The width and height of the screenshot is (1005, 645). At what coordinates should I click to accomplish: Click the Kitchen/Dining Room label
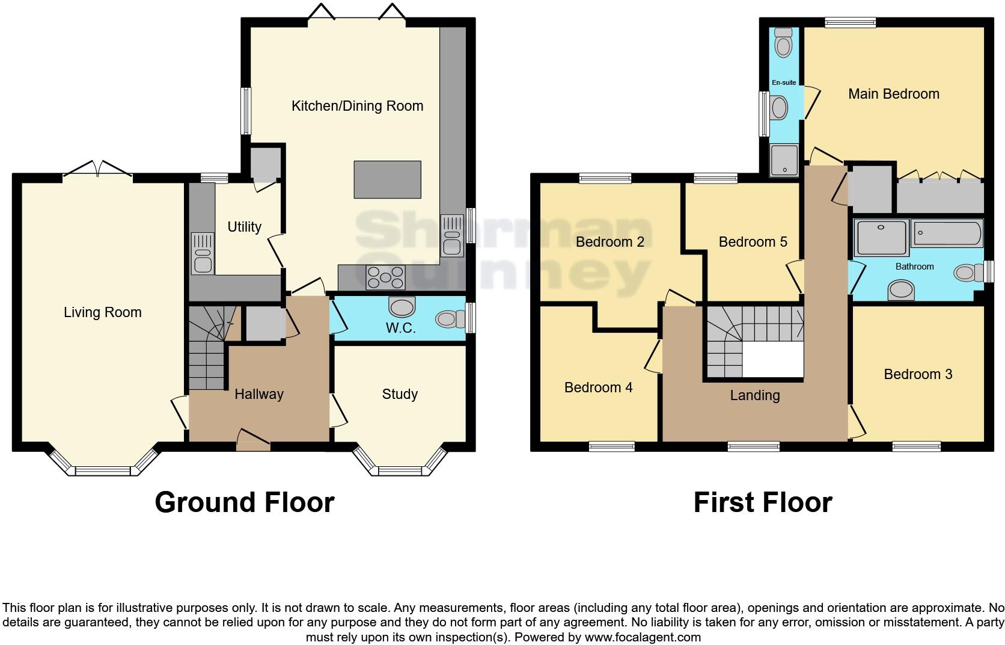pyautogui.click(x=357, y=106)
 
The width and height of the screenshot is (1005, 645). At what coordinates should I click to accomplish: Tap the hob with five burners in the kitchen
pyautogui.click(x=385, y=277)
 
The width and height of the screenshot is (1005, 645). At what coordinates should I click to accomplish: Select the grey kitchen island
pyautogui.click(x=388, y=180)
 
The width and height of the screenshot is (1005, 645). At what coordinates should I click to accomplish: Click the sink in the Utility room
pyautogui.click(x=203, y=253)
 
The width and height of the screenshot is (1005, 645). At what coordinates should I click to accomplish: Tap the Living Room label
pyautogui.click(x=102, y=312)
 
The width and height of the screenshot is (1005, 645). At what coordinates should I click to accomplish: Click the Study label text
pyautogui.click(x=400, y=394)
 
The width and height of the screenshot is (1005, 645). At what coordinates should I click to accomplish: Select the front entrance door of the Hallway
pyautogui.click(x=254, y=440)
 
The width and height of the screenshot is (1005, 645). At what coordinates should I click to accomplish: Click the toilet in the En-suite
pyautogui.click(x=783, y=43)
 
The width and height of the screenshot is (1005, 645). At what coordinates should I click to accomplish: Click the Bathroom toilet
pyautogui.click(x=968, y=272)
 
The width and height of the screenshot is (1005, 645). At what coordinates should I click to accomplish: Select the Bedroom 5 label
pyautogui.click(x=753, y=242)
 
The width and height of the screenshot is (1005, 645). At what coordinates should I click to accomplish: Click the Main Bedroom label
pyautogui.click(x=894, y=94)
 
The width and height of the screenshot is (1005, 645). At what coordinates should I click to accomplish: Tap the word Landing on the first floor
pyautogui.click(x=755, y=396)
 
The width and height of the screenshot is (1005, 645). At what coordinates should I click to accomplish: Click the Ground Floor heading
pyautogui.click(x=245, y=502)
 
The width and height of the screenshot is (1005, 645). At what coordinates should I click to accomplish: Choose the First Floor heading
pyautogui.click(x=763, y=502)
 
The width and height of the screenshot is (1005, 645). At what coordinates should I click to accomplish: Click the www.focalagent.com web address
pyautogui.click(x=643, y=637)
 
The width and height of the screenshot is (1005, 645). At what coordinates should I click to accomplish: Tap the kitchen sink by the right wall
pyautogui.click(x=452, y=236)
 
